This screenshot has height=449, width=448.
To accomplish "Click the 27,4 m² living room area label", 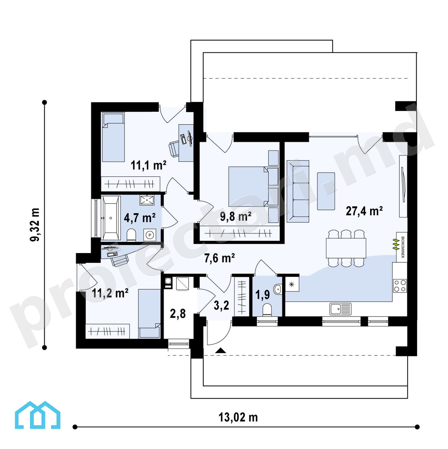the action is tap(364, 211).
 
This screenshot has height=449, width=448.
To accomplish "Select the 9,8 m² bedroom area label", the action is tap(236, 216).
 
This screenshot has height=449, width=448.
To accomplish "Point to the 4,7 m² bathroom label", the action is tap(140, 218).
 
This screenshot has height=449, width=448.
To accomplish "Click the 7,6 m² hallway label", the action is tap(219, 258).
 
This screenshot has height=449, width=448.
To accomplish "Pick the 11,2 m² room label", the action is tap(110, 293).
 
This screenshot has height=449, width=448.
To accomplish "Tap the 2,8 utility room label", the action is tap(178, 314).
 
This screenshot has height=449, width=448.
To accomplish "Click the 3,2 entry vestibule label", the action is tap(221, 305).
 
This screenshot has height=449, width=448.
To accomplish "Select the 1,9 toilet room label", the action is tap(262, 295).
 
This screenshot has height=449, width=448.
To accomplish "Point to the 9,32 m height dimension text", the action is tap(35, 225).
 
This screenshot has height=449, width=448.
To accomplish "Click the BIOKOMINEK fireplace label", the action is tap(403, 247).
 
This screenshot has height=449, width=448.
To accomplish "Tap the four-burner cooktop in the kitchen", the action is tap(400, 286).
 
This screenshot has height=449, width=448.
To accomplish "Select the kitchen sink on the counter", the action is tap(340, 309).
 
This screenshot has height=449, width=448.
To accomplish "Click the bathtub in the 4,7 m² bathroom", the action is tap(111, 218).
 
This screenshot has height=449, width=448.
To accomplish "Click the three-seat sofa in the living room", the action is tap(298, 191).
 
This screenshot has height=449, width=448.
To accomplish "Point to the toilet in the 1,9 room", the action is tap(267, 310).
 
